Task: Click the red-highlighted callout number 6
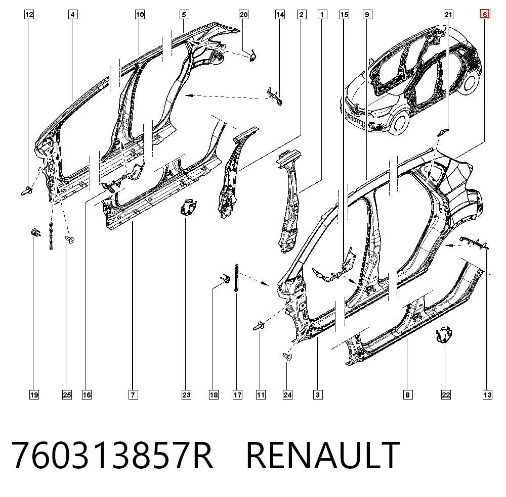485,15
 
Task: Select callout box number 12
29,15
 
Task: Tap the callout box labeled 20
243,15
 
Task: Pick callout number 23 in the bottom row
186,394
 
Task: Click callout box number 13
487,394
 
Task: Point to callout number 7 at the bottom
133,394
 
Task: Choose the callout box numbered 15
344,15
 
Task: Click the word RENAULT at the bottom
323,455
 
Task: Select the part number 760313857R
112,455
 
